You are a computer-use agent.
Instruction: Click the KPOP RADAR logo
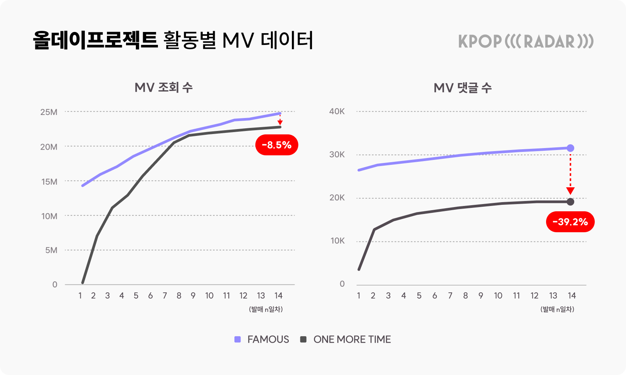pyautogui.click(x=526, y=41)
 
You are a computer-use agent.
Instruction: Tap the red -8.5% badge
pyautogui.click(x=277, y=145)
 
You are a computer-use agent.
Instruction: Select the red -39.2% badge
pyautogui.click(x=570, y=222)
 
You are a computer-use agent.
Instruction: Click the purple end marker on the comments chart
pyautogui.click(x=570, y=148)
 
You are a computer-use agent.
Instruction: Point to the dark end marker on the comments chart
pyautogui.click(x=570, y=202)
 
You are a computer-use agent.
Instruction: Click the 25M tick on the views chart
pyautogui.click(x=49, y=112)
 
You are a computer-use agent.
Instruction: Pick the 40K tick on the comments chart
pyautogui.click(x=337, y=112)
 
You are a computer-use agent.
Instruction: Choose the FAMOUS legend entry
pyautogui.click(x=262, y=339)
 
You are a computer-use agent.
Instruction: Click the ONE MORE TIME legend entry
pyautogui.click(x=346, y=339)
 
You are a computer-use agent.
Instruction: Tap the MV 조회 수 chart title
pyautogui.click(x=164, y=88)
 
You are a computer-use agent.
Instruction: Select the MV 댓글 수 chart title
pyautogui.click(x=462, y=88)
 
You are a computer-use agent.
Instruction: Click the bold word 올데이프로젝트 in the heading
pyautogui.click(x=95, y=40)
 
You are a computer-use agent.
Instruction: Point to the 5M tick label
pyautogui.click(x=51, y=251)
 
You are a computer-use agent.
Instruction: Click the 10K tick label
pyautogui.click(x=338, y=241)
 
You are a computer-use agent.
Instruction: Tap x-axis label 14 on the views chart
pyautogui.click(x=279, y=296)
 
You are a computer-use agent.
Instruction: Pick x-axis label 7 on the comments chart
pyautogui.click(x=450, y=296)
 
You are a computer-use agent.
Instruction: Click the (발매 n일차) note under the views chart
pyautogui.click(x=266, y=309)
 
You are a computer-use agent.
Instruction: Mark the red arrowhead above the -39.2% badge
pyautogui.click(x=570, y=191)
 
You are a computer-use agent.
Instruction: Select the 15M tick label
pyautogui.click(x=49, y=182)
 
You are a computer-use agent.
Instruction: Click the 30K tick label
pyautogui.click(x=337, y=155)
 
